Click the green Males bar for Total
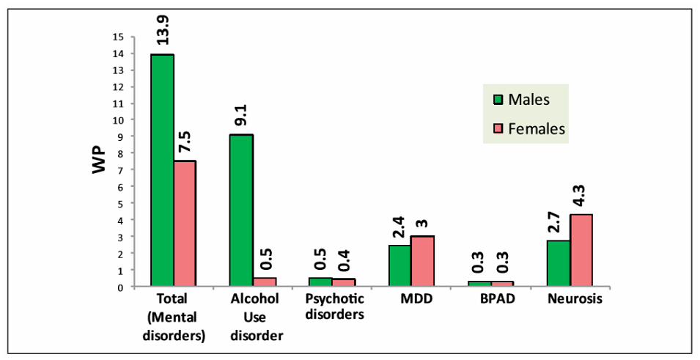click(162, 171)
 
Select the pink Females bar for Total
click(185, 224)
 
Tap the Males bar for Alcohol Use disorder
click(241, 210)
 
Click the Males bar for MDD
click(399, 266)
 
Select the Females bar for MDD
click(422, 261)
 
